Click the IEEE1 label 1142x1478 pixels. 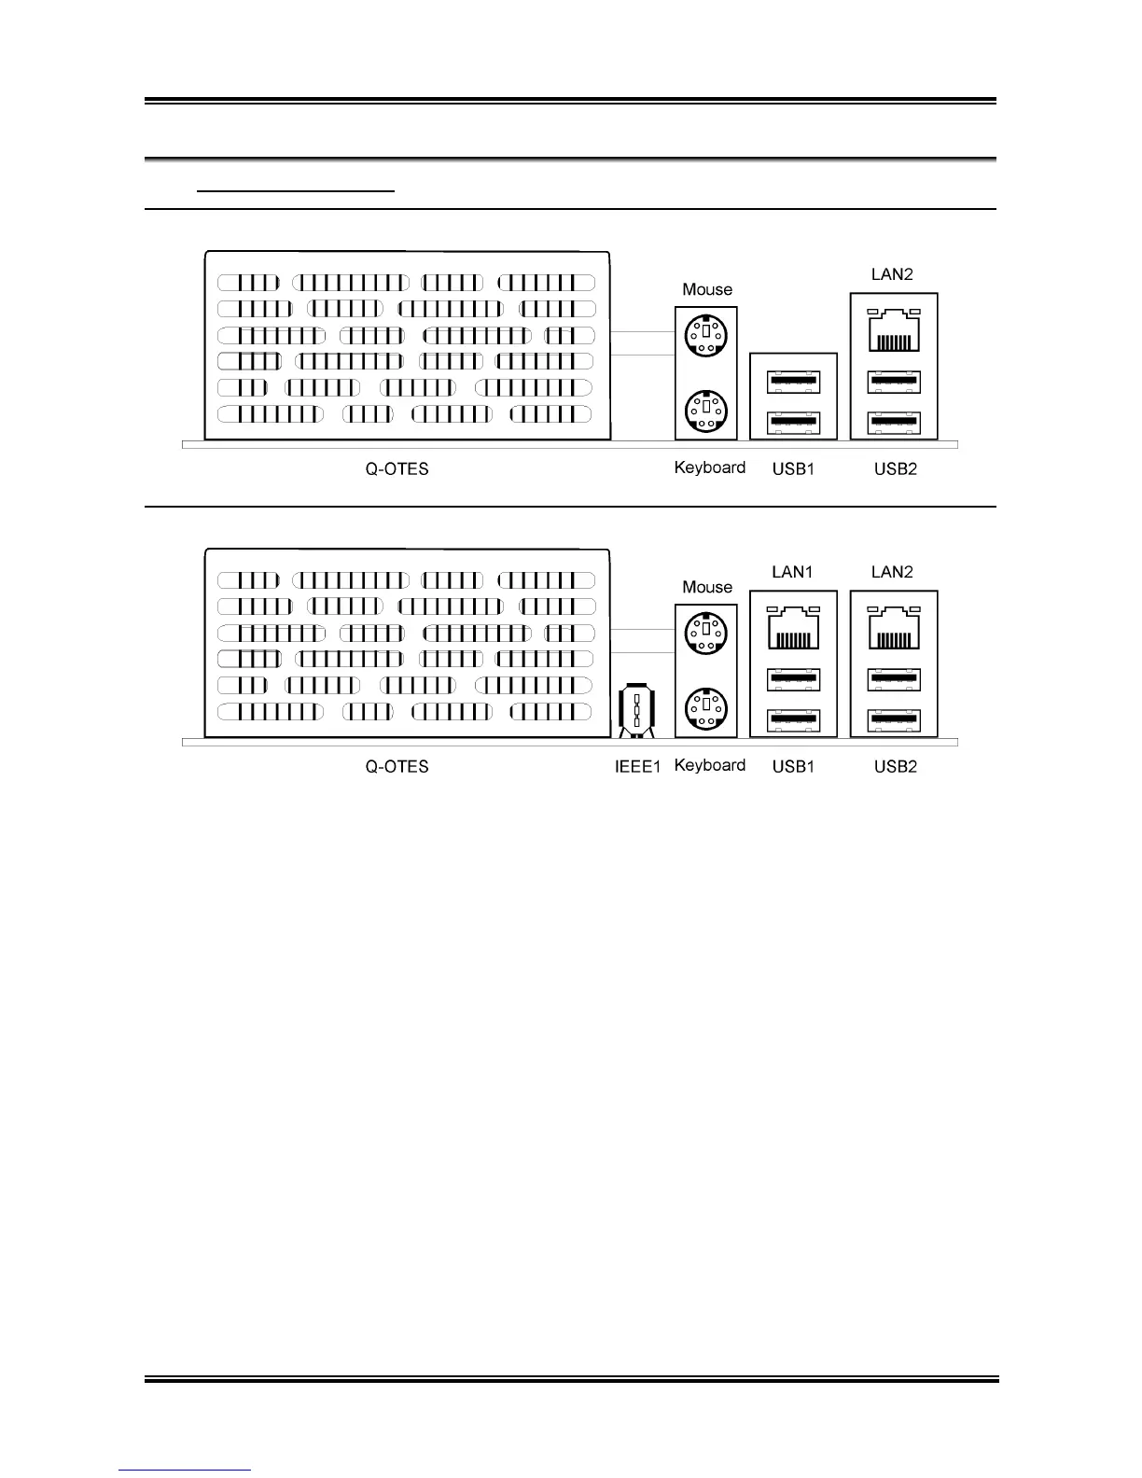tap(637, 767)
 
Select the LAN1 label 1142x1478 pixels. tap(792, 572)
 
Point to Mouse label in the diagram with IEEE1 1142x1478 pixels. tap(707, 587)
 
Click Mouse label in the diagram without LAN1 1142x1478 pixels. tap(707, 289)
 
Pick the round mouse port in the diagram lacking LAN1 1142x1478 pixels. tap(706, 336)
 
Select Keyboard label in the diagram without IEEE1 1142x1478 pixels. tap(709, 467)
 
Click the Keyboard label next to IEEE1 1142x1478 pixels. tap(709, 765)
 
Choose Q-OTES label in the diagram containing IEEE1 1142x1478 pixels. tap(397, 767)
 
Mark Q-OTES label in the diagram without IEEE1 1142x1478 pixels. tap(397, 469)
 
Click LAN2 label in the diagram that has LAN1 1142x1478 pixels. tap(892, 572)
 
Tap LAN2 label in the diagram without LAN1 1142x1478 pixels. tap(892, 274)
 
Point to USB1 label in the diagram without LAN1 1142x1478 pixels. tap(793, 469)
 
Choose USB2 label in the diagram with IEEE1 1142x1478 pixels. tap(895, 767)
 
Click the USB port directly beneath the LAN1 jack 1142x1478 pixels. tap(793, 680)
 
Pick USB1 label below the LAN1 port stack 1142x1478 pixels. tap(793, 767)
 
